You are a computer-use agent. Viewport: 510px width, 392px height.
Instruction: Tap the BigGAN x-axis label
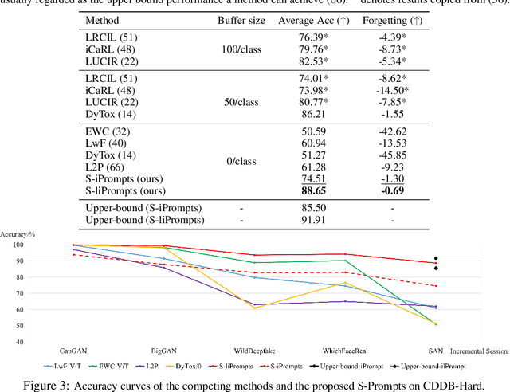166,350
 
